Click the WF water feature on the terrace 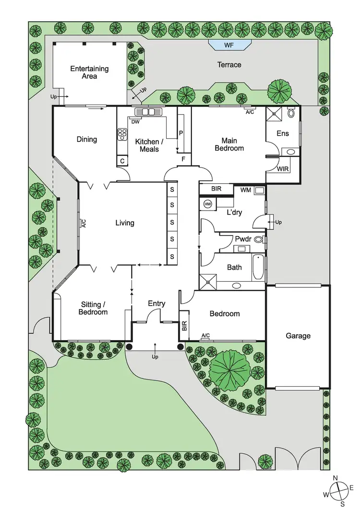[x=230, y=45]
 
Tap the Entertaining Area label [x=89, y=72]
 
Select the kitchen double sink [x=149, y=112]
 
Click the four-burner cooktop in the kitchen [x=122, y=134]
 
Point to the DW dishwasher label [x=135, y=122]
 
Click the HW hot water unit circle [x=208, y=204]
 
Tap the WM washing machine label [x=246, y=190]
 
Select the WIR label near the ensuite [x=283, y=169]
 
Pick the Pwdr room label [x=241, y=239]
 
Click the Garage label [x=298, y=336]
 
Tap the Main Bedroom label [x=232, y=144]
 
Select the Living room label [x=125, y=223]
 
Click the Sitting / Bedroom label [x=94, y=308]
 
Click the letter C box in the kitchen [x=122, y=161]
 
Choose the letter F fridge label [x=183, y=159]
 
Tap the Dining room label [x=87, y=140]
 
